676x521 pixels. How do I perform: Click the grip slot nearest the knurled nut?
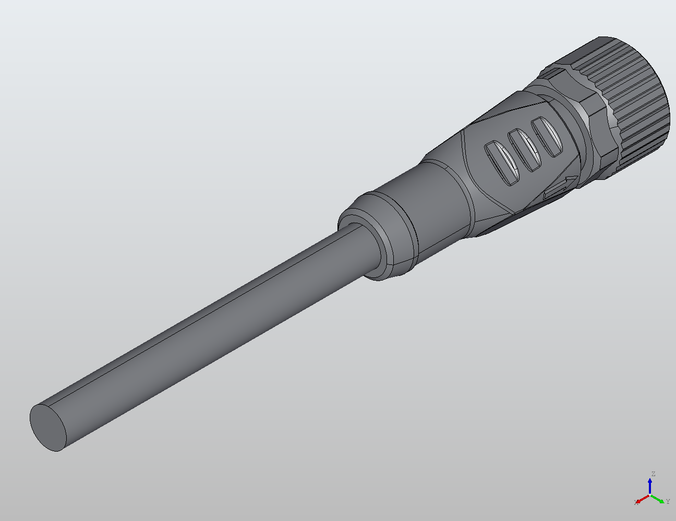(x=547, y=137)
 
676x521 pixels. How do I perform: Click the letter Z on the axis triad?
(x=653, y=474)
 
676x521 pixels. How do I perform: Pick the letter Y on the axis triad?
(x=668, y=502)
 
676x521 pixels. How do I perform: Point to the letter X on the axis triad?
(x=636, y=503)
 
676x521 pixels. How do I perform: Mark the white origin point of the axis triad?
(x=650, y=494)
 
